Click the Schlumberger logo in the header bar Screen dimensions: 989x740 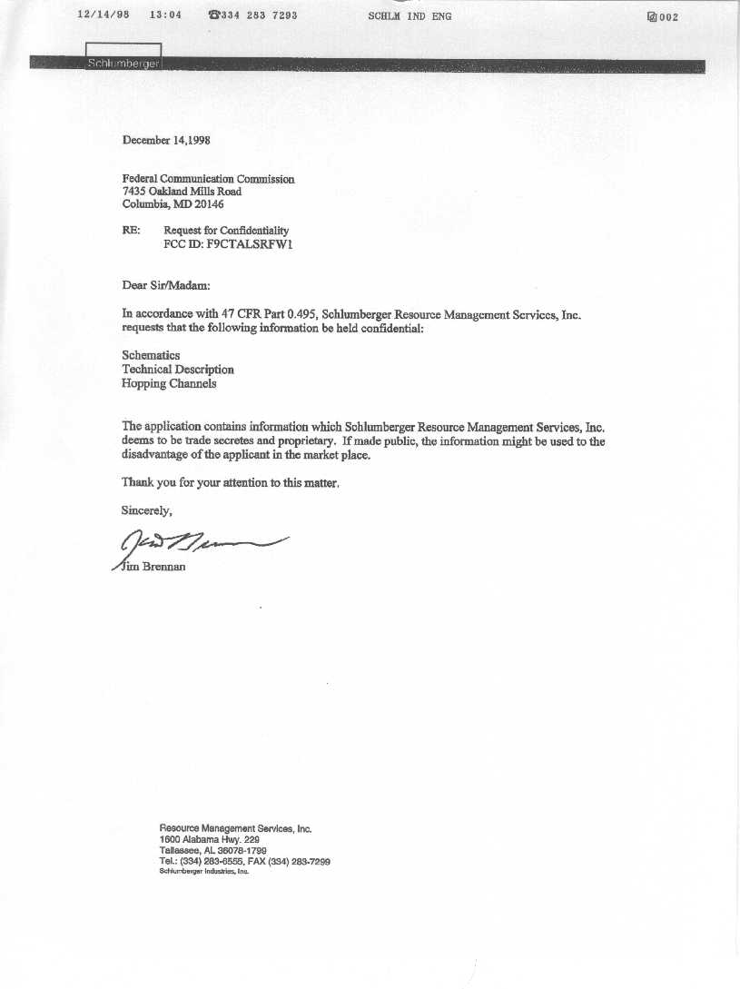click(123, 63)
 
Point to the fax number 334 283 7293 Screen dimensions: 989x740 click(259, 15)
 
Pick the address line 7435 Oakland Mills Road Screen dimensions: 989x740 click(182, 192)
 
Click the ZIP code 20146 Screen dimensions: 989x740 click(209, 204)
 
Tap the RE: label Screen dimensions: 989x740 click(131, 231)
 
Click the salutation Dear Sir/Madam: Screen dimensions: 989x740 click(165, 285)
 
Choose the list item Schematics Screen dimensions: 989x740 click(151, 355)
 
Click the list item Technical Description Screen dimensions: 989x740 click(178, 370)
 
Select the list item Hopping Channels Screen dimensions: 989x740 click(169, 383)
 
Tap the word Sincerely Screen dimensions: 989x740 click(147, 510)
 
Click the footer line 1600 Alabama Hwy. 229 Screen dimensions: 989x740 click(210, 840)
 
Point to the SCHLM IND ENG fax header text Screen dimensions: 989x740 click(409, 16)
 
